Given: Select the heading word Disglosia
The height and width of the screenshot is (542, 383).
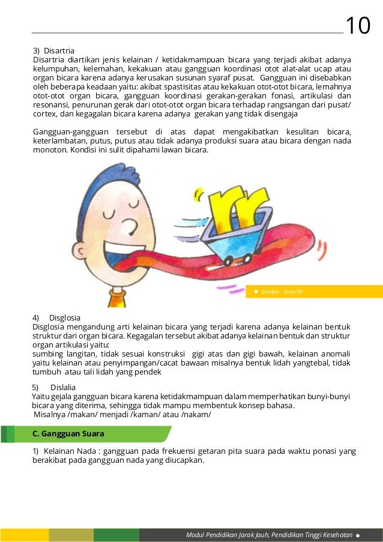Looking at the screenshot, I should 65,317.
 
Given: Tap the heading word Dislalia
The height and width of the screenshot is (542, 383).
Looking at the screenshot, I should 64,387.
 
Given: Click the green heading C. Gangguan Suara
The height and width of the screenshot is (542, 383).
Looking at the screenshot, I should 68,433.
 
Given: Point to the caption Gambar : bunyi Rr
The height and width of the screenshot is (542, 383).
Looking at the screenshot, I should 282,292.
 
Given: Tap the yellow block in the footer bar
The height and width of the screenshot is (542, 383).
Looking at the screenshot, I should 24,535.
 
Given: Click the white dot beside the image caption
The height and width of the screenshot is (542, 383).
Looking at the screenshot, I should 256,292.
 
